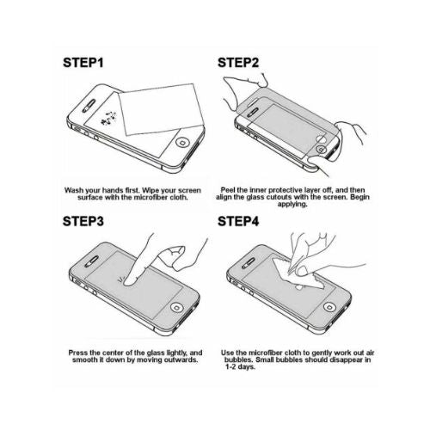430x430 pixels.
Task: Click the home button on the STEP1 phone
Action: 183,143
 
